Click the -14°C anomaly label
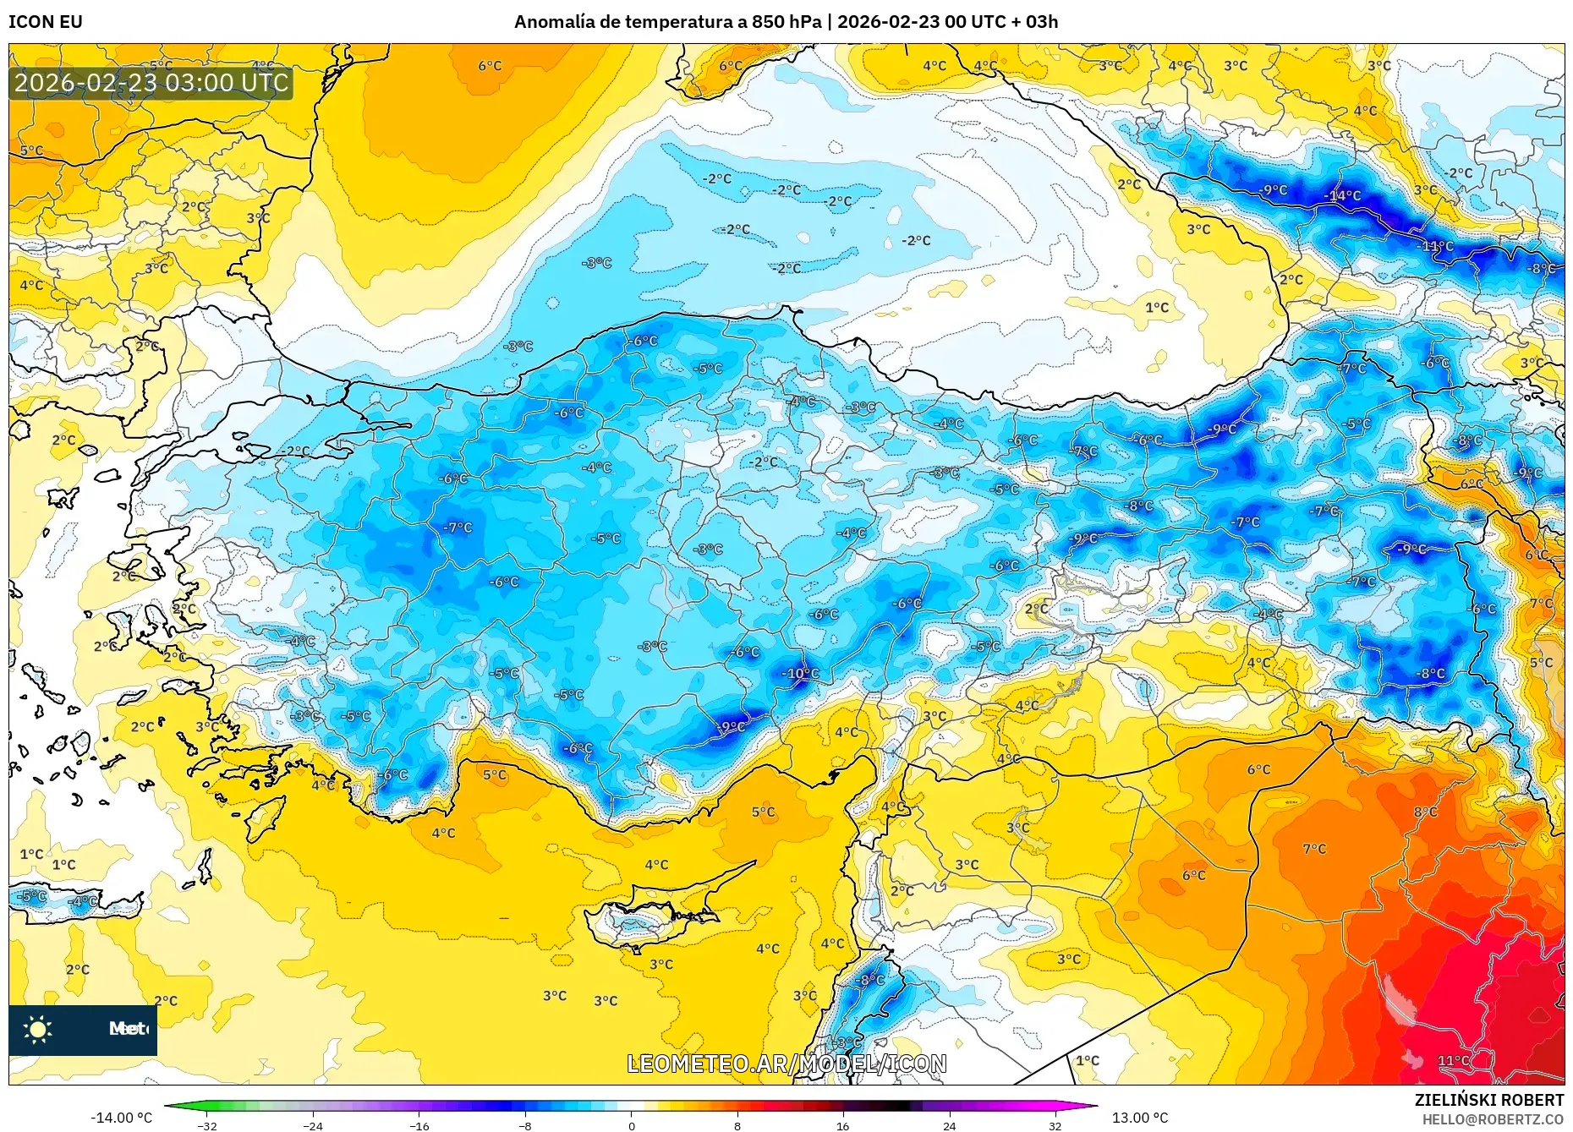[x=1343, y=196]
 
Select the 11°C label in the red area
[x=1453, y=1060]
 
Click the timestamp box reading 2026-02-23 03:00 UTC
[x=151, y=83]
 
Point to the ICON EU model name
[x=46, y=22]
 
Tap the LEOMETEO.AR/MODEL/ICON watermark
[x=786, y=1064]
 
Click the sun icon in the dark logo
[x=37, y=1029]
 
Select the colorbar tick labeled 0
[x=631, y=1125]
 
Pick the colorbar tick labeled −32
[x=207, y=1125]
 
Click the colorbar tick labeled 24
[x=950, y=1125]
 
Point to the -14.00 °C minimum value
[x=122, y=1118]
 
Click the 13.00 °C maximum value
[x=1139, y=1118]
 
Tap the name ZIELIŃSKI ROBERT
[x=1488, y=1100]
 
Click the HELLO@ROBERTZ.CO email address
[x=1492, y=1119]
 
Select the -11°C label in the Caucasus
[x=1436, y=246]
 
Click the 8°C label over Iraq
[x=1425, y=812]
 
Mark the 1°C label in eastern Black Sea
[x=1157, y=308]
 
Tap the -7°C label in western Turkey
[x=458, y=528]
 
